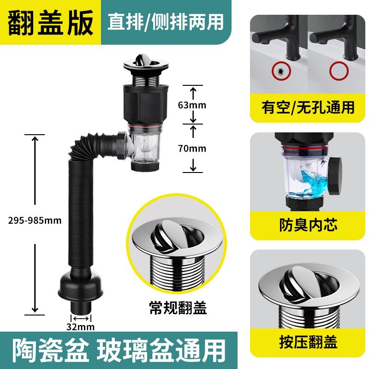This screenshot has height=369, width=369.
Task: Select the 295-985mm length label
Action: pyautogui.click(x=34, y=220)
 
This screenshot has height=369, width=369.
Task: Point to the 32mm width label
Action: pyautogui.click(x=81, y=327)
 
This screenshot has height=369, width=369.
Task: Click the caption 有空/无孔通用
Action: pyautogui.click(x=308, y=107)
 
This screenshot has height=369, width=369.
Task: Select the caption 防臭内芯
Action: pyautogui.click(x=308, y=225)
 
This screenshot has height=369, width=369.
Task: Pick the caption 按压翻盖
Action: pyautogui.click(x=308, y=342)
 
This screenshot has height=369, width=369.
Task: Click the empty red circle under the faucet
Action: pyautogui.click(x=339, y=71)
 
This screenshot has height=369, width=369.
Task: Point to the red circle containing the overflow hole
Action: pyautogui.click(x=279, y=71)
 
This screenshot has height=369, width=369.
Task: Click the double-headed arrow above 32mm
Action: pyautogui.click(x=81, y=318)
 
